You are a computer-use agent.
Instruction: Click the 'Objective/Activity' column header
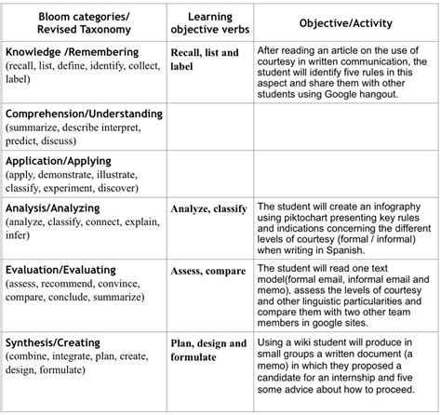[x=344, y=21]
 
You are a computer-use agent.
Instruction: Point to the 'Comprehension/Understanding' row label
[x=83, y=114]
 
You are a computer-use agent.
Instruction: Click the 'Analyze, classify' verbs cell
[x=208, y=208]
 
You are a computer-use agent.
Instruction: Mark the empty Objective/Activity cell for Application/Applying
[x=344, y=174]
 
